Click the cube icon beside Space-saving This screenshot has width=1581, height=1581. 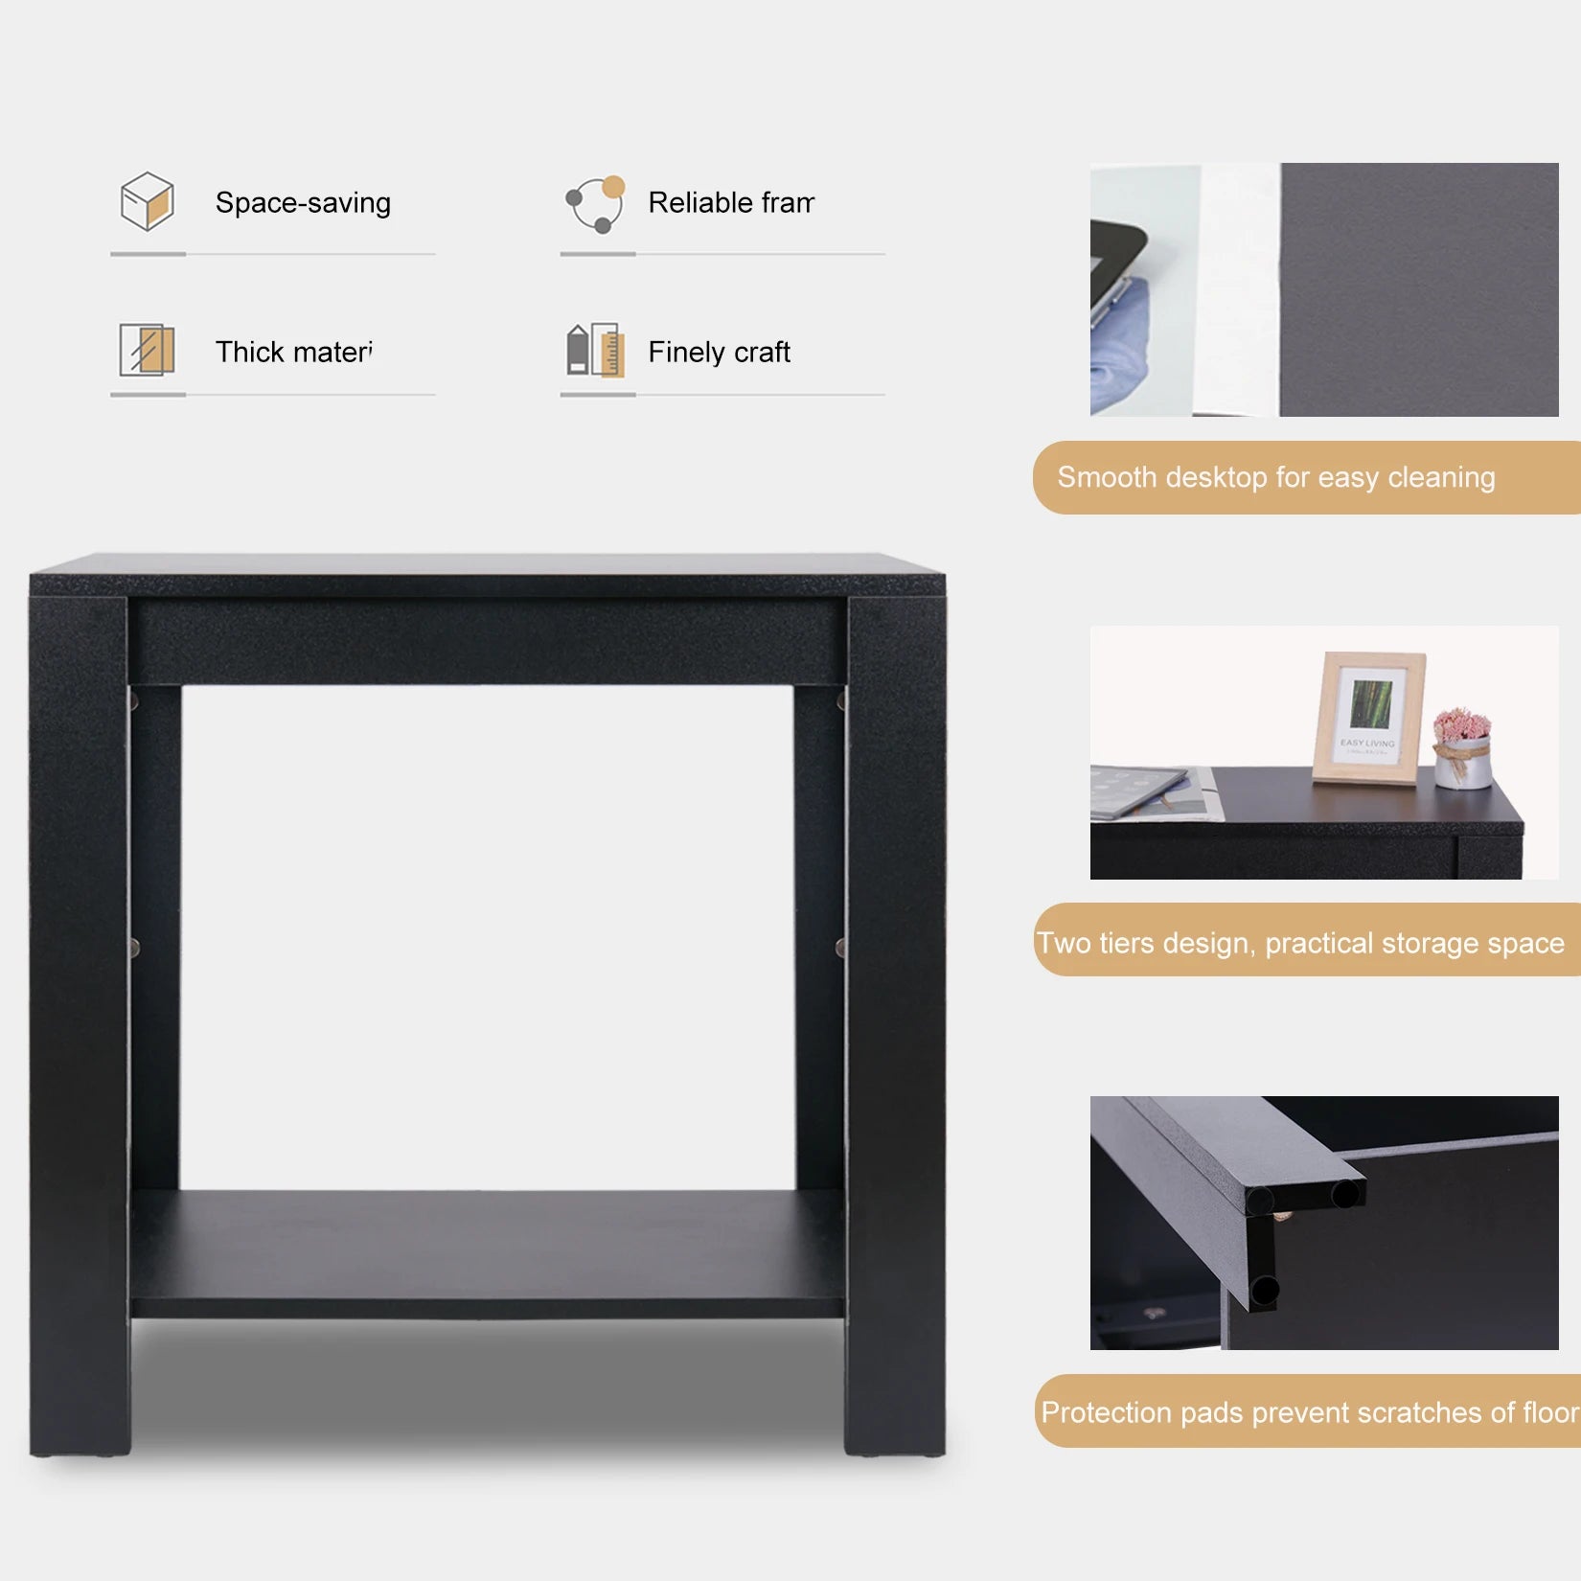click(x=147, y=201)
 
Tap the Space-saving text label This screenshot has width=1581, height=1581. click(x=303, y=203)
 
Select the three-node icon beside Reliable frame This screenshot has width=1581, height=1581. click(x=596, y=203)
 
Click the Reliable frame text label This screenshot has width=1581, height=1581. click(x=730, y=203)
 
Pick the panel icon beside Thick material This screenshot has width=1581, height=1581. click(x=147, y=350)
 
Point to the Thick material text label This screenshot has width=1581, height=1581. click(x=293, y=352)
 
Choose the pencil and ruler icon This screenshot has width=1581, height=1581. click(x=595, y=350)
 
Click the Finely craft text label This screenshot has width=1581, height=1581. click(x=719, y=353)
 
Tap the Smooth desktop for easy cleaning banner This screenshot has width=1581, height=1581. click(x=1303, y=477)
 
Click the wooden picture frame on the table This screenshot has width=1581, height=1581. click(x=1368, y=718)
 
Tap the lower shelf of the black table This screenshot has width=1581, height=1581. click(x=487, y=1246)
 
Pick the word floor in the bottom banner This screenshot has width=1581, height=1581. click(x=1549, y=1411)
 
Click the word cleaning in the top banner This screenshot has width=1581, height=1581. click(x=1440, y=477)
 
